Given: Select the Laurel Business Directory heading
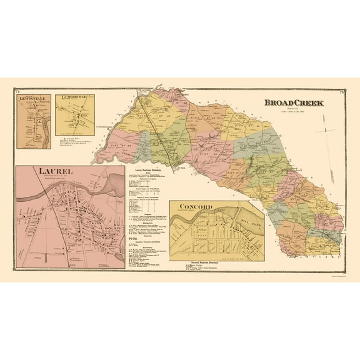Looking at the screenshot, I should [148, 169].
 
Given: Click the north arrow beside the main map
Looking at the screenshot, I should [326, 128].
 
